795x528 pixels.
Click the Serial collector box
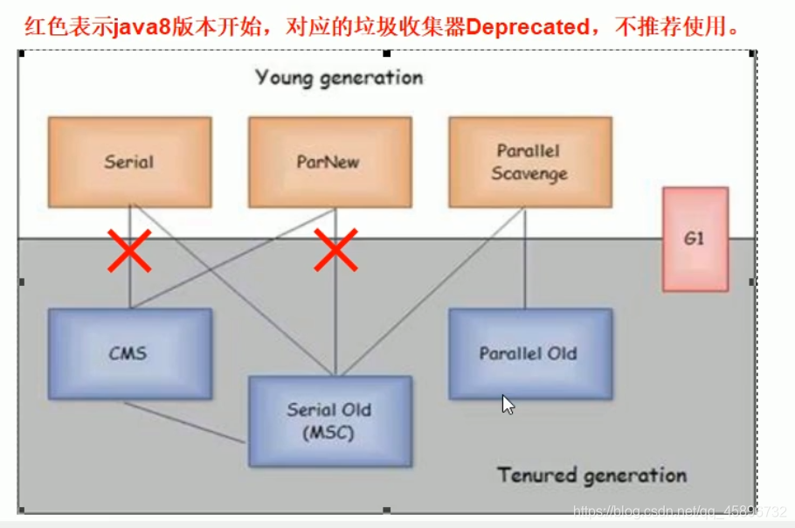129,163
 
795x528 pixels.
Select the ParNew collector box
329,163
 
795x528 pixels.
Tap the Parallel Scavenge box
529,163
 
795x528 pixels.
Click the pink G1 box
695,238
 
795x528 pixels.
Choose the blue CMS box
129,353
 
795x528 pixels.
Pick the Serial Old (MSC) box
329,420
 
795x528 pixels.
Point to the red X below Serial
129,251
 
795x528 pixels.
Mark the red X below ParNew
335,251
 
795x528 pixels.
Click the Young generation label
339,78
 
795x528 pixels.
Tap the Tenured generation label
591,476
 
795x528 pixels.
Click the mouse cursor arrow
508,404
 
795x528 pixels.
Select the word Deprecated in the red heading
527,27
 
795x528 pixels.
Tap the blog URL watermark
680,511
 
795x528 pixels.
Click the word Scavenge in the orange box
529,174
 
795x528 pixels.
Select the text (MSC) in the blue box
329,433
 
